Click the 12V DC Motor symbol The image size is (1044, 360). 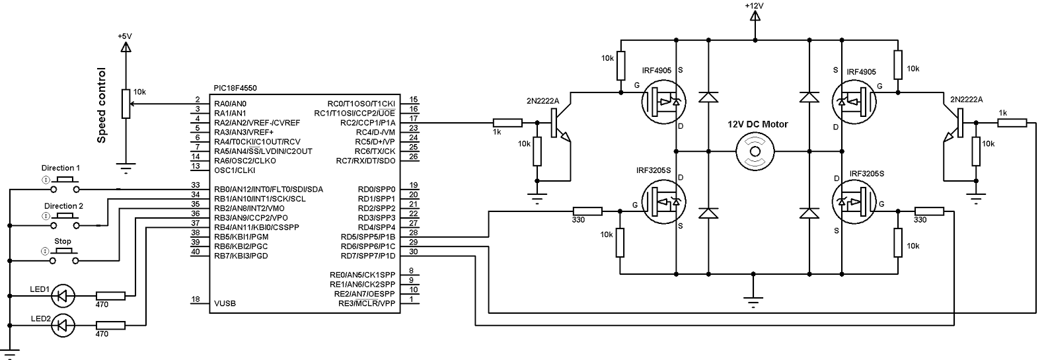pyautogui.click(x=754, y=151)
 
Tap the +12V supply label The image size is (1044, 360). pyautogui.click(x=754, y=5)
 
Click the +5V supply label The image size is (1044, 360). pyautogui.click(x=124, y=36)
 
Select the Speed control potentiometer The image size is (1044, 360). pyautogui.click(x=125, y=104)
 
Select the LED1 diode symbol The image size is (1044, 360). pyautogui.click(x=63, y=296)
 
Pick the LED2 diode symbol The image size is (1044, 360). pyautogui.click(x=63, y=324)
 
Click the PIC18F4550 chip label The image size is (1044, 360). pyautogui.click(x=237, y=88)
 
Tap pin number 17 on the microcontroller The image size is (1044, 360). pyautogui.click(x=413, y=118)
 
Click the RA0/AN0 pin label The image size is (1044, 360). pyautogui.click(x=230, y=104)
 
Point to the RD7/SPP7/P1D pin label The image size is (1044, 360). pyautogui.click(x=367, y=256)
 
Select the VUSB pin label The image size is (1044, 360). pyautogui.click(x=225, y=304)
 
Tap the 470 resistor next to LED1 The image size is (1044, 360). pyautogui.click(x=110, y=296)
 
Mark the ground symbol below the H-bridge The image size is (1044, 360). pyautogui.click(x=753, y=301)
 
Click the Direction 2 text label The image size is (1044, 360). pyautogui.click(x=63, y=206)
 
